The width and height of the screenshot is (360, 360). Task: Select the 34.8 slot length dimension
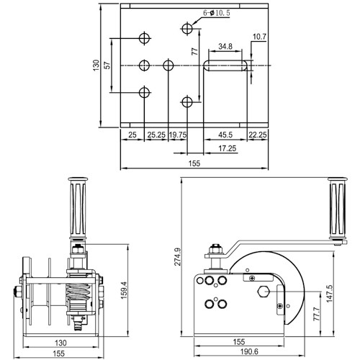tap(225, 48)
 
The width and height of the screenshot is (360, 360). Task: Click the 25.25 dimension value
tap(156, 135)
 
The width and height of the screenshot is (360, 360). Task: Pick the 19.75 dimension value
tap(178, 135)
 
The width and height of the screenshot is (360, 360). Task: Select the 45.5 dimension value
tap(225, 135)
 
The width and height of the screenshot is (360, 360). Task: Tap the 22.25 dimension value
tap(258, 135)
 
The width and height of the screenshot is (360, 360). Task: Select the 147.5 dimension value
tap(329, 294)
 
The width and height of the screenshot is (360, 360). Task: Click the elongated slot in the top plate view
tap(226, 66)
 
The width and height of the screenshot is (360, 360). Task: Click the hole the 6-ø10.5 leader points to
tap(187, 28)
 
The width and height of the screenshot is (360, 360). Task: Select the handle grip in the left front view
tap(77, 210)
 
